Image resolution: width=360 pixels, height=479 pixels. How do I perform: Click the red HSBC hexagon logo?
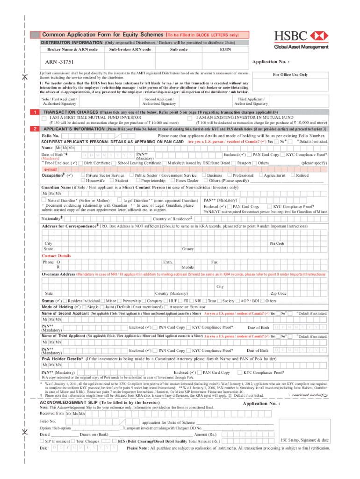(x=318, y=36)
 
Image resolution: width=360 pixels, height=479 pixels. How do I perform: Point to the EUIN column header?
(x=225, y=50)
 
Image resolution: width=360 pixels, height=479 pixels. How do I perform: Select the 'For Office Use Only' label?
(x=290, y=75)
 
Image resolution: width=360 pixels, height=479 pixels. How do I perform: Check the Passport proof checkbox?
(x=234, y=163)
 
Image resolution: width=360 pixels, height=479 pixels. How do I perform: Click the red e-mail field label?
(x=50, y=169)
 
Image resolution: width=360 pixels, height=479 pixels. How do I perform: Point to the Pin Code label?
(x=277, y=243)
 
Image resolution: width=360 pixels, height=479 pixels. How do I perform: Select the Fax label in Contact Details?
(x=215, y=262)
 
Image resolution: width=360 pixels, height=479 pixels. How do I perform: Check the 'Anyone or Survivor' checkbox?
(x=166, y=307)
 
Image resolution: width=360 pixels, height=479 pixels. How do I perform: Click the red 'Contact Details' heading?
(x=56, y=256)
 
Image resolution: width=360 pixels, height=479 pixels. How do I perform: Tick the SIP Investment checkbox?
(x=42, y=441)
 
